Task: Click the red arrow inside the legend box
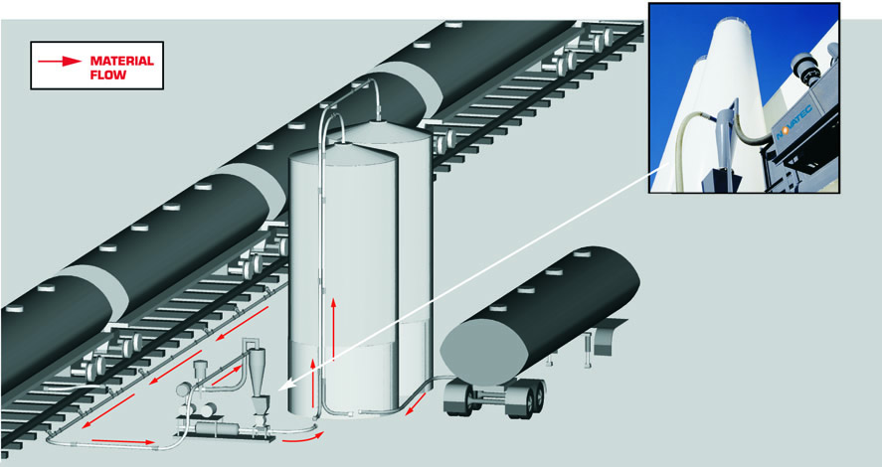[x=59, y=61]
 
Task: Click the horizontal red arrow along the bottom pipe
[x=122, y=441]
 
